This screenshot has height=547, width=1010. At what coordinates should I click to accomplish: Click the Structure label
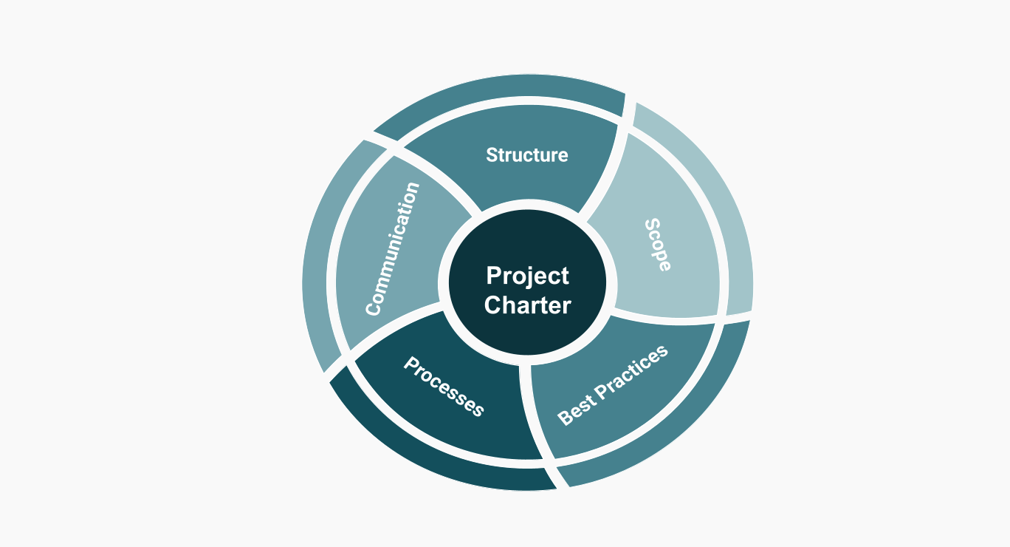(x=526, y=154)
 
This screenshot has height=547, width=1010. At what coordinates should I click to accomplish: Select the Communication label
(x=392, y=248)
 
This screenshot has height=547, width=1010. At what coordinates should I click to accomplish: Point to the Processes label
(x=444, y=387)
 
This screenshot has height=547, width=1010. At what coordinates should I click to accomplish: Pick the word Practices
(x=632, y=373)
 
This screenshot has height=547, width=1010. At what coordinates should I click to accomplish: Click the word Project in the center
(x=528, y=276)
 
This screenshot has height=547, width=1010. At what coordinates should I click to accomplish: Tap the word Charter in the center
(x=528, y=305)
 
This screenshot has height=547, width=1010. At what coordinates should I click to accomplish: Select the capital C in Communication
(x=373, y=309)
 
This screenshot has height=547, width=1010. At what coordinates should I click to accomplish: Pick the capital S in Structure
(x=492, y=154)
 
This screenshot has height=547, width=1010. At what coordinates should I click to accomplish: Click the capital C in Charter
(x=492, y=305)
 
